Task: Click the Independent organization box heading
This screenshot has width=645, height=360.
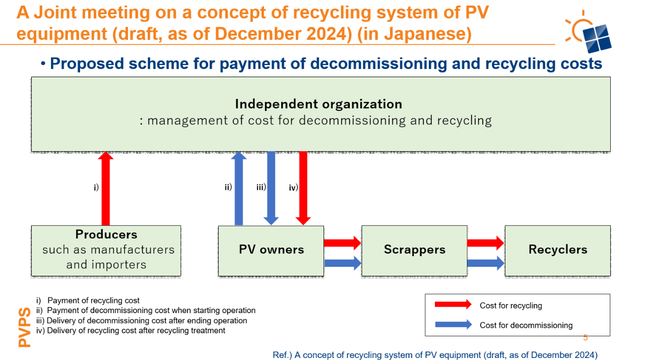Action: pyautogui.click(x=318, y=104)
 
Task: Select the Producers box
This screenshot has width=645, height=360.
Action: pyautogui.click(x=106, y=251)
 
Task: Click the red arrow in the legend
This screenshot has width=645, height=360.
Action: pyautogui.click(x=453, y=305)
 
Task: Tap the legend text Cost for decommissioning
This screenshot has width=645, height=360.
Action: pyautogui.click(x=526, y=325)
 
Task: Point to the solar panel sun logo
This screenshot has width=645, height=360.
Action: pyautogui.click(x=589, y=33)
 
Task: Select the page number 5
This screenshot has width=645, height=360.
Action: pyautogui.click(x=586, y=338)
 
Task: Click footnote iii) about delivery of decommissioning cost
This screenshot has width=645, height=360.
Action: pyautogui.click(x=142, y=321)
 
